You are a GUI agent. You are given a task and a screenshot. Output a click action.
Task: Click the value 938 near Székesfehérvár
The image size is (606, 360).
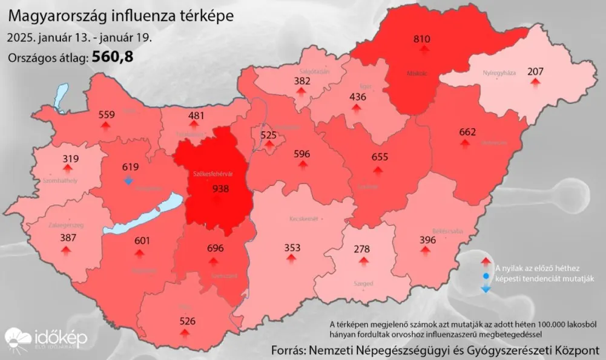[221, 189]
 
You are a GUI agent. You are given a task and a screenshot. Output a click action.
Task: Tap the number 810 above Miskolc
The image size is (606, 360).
[421, 39]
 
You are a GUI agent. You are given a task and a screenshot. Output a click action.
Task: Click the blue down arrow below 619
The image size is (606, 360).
[128, 180]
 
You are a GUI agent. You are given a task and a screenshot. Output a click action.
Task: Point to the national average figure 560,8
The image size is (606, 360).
[113, 57]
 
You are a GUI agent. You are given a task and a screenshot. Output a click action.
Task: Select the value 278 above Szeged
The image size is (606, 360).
[363, 249]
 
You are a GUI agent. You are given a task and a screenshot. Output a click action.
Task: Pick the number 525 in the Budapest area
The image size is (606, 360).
[268, 134]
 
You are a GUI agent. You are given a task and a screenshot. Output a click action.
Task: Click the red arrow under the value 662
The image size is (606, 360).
[465, 143]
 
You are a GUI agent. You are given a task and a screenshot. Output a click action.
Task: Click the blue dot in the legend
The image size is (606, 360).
[486, 277]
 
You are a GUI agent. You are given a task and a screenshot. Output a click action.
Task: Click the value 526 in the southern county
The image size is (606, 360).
[188, 321]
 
